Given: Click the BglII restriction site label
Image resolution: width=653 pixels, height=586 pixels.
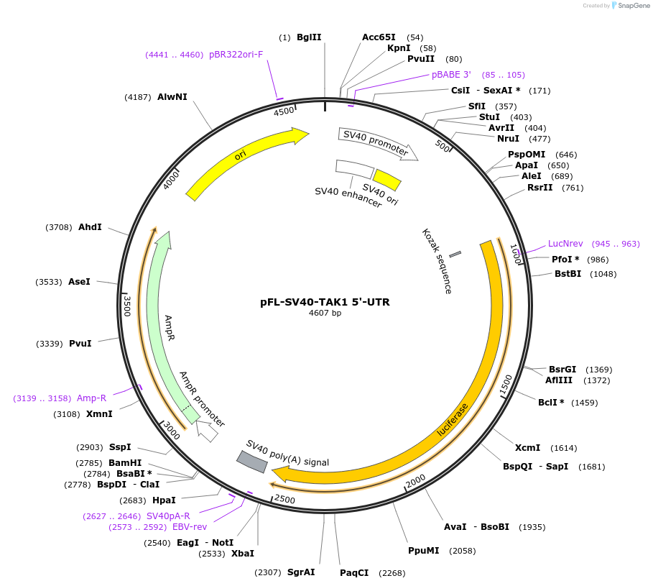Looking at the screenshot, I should coord(309,37).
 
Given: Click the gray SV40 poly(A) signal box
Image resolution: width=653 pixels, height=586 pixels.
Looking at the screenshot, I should coord(252,462).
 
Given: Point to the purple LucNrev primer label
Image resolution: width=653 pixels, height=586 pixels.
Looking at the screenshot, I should coord(565,244).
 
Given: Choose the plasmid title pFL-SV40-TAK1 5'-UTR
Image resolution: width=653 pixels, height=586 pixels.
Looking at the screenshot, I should coord(325,302).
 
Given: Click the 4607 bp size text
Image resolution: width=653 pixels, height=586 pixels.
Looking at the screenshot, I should coord(325,313).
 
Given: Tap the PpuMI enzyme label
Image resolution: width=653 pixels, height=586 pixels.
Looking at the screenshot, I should coord(422,551).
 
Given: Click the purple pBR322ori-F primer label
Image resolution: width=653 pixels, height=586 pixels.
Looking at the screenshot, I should coord(236,55).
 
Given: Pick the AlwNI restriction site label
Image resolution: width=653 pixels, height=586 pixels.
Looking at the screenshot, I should coord(172,97).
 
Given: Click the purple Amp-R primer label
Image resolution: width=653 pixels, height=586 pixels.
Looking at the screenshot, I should coord(91,398).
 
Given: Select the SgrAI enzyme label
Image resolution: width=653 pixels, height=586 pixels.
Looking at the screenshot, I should coord(301,572).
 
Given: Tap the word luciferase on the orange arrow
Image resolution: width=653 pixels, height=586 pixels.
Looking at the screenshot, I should coord(453,420).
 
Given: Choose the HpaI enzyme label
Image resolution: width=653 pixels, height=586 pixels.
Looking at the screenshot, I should coord(164,500).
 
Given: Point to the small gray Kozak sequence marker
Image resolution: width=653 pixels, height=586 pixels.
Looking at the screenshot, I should coord(455,255).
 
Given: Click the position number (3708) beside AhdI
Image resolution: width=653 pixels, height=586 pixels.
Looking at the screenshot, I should coord(58,227).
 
